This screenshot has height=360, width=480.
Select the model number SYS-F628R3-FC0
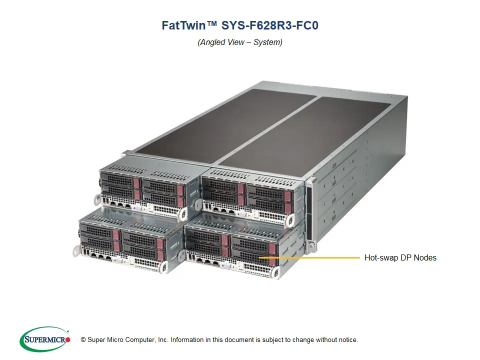pos(263,25)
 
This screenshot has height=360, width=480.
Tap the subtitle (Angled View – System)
pos(240,42)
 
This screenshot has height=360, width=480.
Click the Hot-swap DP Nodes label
pos(400,258)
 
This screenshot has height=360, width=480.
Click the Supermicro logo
pos(45,339)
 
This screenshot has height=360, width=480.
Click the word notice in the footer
pos(347,340)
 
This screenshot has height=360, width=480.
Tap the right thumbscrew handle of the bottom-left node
pos(162,268)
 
